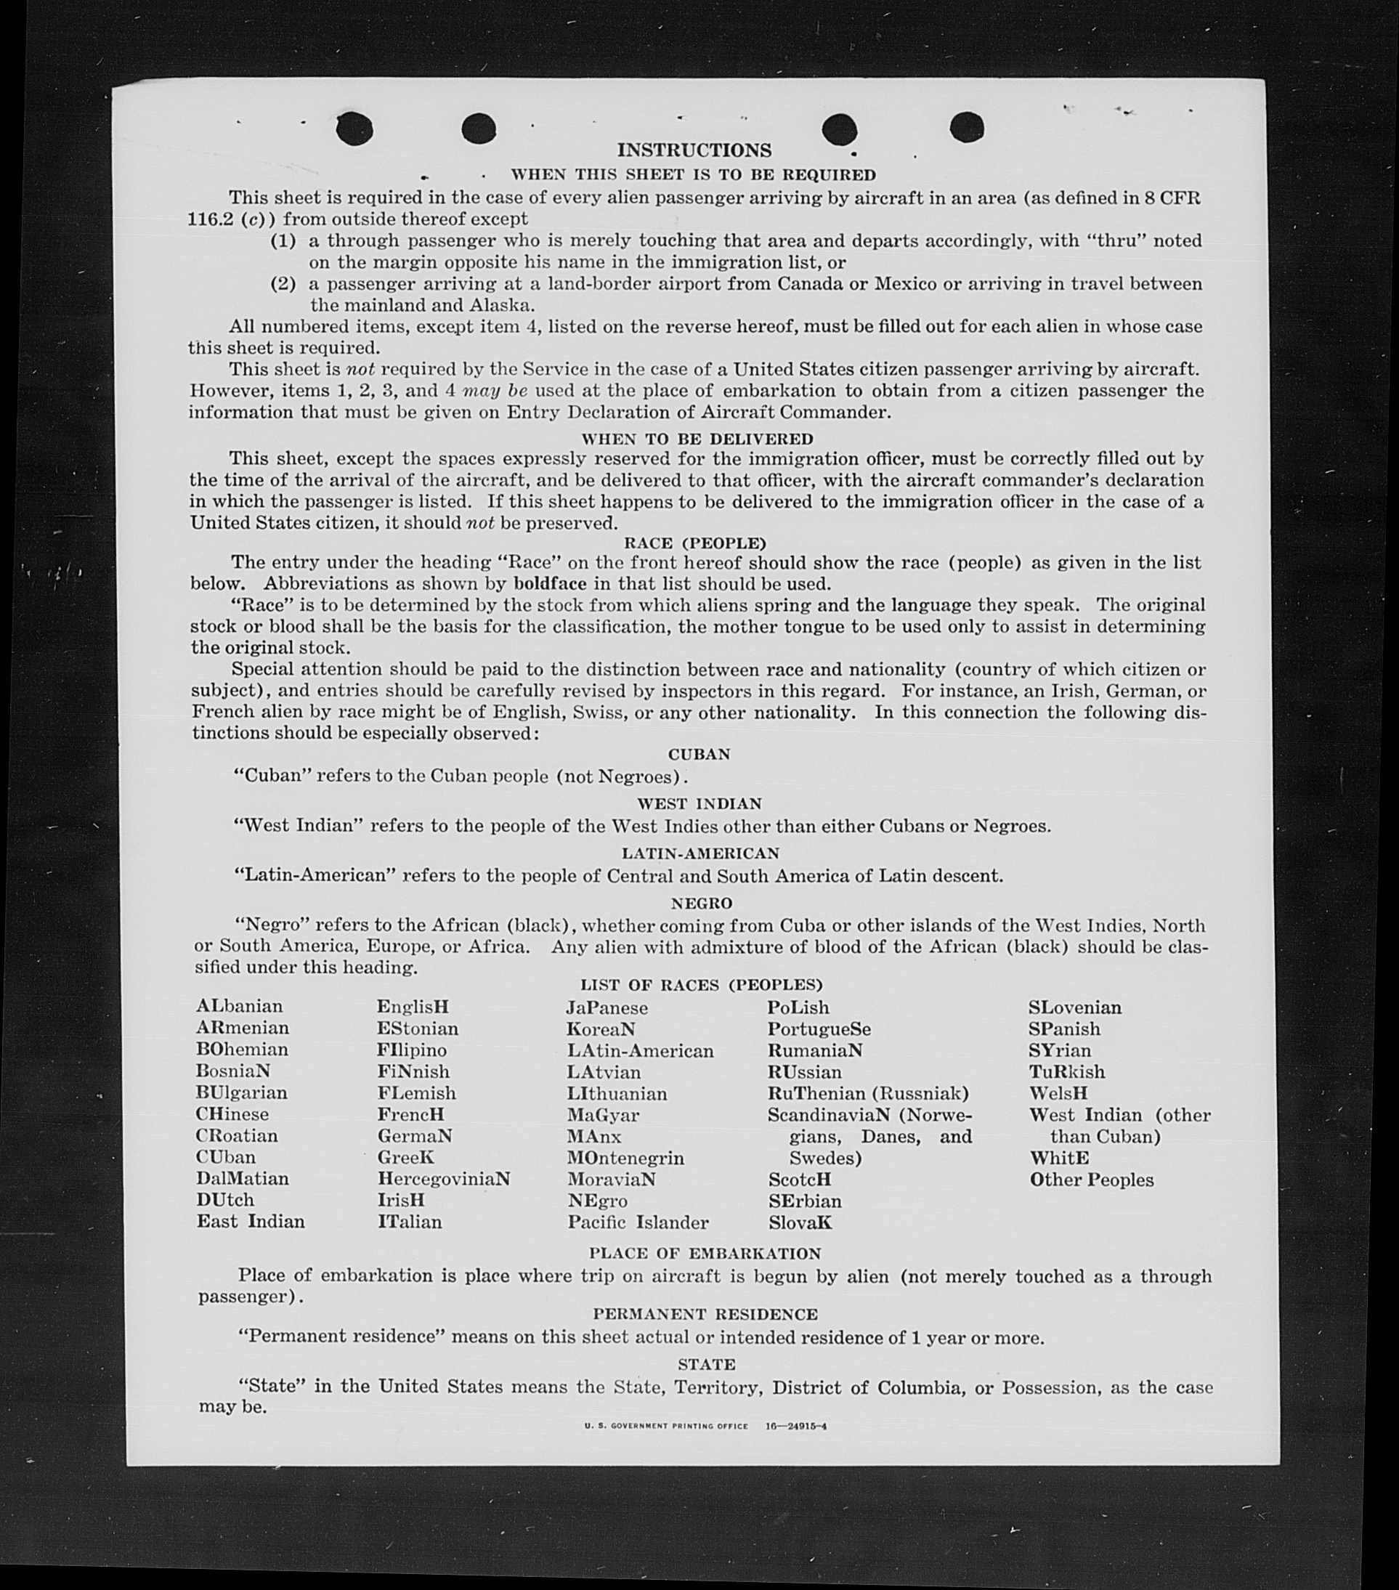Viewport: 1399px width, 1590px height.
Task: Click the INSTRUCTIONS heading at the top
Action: tap(694, 150)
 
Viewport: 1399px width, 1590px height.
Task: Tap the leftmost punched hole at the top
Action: tap(354, 129)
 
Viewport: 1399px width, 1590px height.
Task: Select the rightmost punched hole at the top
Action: tap(967, 127)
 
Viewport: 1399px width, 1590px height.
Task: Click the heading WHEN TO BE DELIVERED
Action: tap(697, 439)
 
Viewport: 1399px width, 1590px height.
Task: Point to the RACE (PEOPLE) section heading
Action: tap(695, 543)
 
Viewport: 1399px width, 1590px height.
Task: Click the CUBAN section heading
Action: tap(699, 755)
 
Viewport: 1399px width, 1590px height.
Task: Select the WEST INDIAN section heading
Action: tap(699, 803)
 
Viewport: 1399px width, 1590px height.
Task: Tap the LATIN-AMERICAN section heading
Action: tap(699, 853)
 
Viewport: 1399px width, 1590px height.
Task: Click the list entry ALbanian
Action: tap(240, 1007)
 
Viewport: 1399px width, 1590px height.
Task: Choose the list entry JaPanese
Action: tap(607, 1008)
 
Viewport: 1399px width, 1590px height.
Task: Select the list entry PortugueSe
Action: tap(819, 1029)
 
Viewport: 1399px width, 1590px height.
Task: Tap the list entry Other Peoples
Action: tap(1092, 1180)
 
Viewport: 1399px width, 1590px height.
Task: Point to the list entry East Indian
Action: tap(251, 1222)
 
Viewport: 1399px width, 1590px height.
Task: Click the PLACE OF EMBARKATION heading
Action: tap(705, 1254)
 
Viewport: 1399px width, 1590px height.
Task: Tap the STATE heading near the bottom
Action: tap(707, 1364)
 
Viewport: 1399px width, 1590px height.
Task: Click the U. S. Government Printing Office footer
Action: tap(666, 1427)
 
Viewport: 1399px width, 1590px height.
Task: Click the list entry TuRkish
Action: tap(1066, 1072)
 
